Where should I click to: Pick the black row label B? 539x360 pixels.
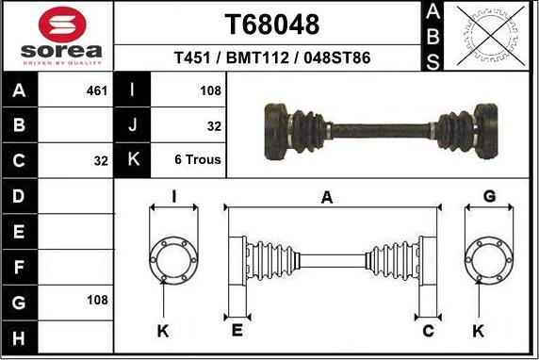pos(20,125)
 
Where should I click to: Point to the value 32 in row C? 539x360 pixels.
pos(101,160)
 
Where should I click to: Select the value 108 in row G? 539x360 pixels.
pos(96,300)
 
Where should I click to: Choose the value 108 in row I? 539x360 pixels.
pos(210,91)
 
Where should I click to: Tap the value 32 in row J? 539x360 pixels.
pos(213,125)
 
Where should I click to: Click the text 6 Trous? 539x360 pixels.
pos(198,159)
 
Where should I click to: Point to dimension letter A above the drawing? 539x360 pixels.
pos(327,197)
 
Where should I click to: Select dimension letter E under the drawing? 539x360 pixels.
pos(237,331)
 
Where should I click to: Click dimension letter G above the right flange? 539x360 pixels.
pos(489,196)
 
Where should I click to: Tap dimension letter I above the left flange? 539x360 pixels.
pos(174,196)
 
